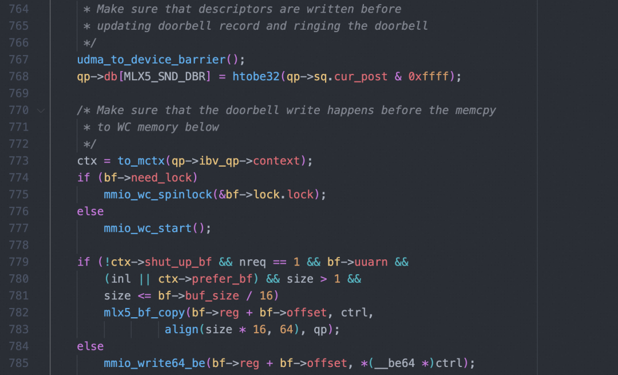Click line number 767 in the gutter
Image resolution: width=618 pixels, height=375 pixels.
click(19, 60)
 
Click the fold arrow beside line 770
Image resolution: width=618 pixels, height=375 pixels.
click(40, 110)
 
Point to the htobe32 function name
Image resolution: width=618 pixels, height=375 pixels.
click(256, 77)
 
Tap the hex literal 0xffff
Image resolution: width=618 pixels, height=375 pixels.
click(431, 77)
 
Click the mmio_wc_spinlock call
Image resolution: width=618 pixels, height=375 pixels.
click(158, 195)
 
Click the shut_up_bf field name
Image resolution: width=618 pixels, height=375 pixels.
click(178, 262)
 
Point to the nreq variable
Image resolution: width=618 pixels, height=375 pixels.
click(252, 262)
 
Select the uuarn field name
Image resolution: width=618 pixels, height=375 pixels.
click(370, 262)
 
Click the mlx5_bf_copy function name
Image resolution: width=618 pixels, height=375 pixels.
click(144, 313)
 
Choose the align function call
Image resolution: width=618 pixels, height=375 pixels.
click(181, 330)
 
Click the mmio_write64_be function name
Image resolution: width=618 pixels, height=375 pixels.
click(154, 364)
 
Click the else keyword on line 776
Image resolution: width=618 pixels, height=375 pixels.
click(90, 211)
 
